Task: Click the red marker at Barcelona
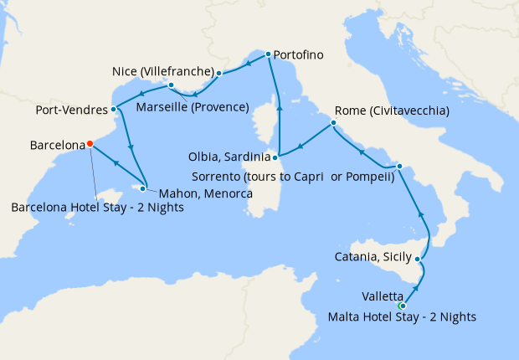pyautogui.click(x=90, y=143)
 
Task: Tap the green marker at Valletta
pyautogui.click(x=402, y=306)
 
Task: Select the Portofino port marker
pyautogui.click(x=268, y=54)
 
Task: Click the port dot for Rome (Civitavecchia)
pyautogui.click(x=333, y=123)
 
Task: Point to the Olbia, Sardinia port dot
pyautogui.click(x=275, y=157)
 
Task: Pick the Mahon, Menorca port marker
pyautogui.click(x=143, y=188)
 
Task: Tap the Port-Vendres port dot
pyautogui.click(x=113, y=109)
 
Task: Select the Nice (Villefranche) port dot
pyautogui.click(x=219, y=73)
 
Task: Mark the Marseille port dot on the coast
pyautogui.click(x=170, y=85)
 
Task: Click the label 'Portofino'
pyautogui.click(x=300, y=55)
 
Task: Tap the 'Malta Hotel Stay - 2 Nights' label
pyautogui.click(x=403, y=316)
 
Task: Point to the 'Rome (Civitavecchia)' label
pyautogui.click(x=392, y=111)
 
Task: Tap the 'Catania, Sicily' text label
pyautogui.click(x=373, y=258)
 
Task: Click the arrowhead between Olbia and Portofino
pyautogui.click(x=280, y=108)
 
